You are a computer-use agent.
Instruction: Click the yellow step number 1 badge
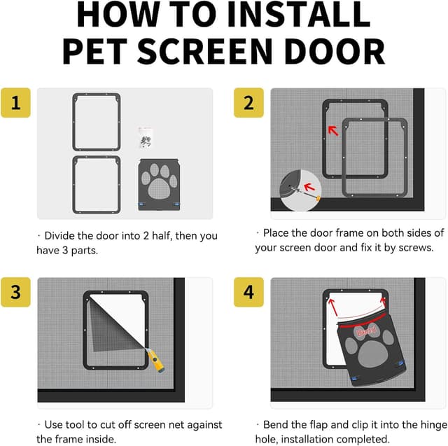click(15, 102)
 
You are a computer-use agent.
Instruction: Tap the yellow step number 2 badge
click(248, 102)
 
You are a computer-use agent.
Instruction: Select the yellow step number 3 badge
click(15, 292)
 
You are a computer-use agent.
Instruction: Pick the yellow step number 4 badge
click(248, 292)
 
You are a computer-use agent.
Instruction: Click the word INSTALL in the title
click(299, 15)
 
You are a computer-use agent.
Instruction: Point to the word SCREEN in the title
click(205, 51)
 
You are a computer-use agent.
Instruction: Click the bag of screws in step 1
click(146, 139)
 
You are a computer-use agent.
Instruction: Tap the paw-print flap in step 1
click(159, 185)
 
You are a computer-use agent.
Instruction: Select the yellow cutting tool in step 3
click(155, 360)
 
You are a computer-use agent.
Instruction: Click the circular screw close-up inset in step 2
click(300, 190)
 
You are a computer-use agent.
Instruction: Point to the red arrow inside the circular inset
click(309, 188)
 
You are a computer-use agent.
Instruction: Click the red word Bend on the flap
click(367, 331)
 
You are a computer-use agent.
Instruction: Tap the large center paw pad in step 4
click(372, 354)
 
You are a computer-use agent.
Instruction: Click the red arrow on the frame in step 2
click(333, 131)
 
